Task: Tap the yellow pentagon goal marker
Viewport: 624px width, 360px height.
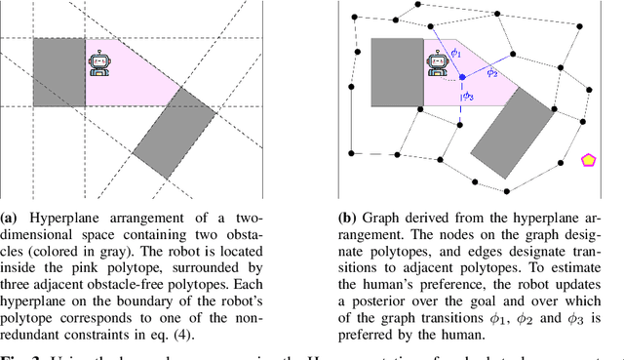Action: point(589,160)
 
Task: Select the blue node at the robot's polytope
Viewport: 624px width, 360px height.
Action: point(462,76)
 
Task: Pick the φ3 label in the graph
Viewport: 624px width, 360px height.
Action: point(468,97)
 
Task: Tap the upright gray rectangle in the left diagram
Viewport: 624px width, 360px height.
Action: point(59,72)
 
